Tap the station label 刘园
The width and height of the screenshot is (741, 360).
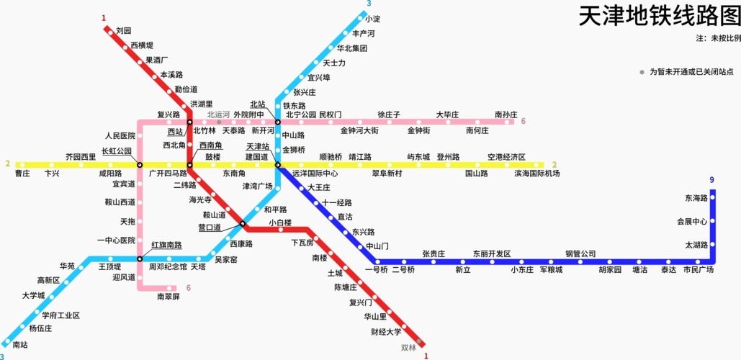click(x=123, y=31)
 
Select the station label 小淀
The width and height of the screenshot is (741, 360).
click(x=372, y=19)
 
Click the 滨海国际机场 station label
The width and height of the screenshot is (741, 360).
click(x=536, y=174)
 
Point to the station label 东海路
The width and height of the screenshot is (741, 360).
click(x=696, y=198)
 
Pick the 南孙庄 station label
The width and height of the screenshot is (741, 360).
click(x=506, y=114)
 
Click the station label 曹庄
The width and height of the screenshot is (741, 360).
click(x=22, y=174)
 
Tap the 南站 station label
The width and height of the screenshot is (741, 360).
click(x=20, y=345)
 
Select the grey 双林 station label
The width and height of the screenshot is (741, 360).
click(x=408, y=347)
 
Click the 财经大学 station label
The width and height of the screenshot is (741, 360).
click(x=386, y=332)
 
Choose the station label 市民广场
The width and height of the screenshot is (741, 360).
click(x=698, y=270)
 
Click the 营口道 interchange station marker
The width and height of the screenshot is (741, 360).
click(x=243, y=223)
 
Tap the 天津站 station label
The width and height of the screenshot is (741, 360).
click(x=257, y=146)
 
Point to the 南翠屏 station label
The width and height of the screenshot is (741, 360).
click(x=168, y=297)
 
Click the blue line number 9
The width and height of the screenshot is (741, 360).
click(x=711, y=180)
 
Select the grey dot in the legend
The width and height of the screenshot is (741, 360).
click(x=642, y=72)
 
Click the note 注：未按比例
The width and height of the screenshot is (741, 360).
click(x=718, y=37)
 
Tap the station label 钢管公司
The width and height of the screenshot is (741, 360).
click(x=580, y=253)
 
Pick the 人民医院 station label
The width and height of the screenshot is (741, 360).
click(x=120, y=135)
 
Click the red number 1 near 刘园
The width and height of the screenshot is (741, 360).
click(x=104, y=18)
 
